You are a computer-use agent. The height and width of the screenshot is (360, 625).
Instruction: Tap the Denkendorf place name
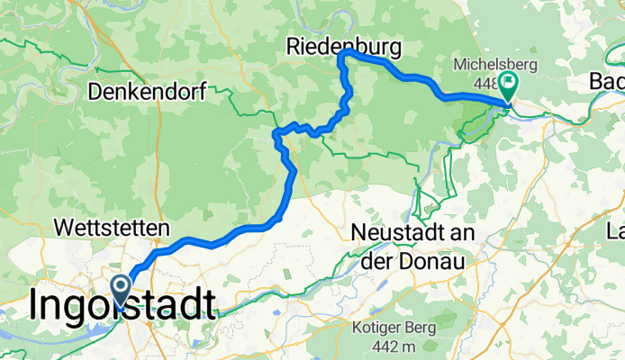click(149, 91)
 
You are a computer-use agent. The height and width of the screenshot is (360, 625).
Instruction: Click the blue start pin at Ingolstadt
click(120, 289)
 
